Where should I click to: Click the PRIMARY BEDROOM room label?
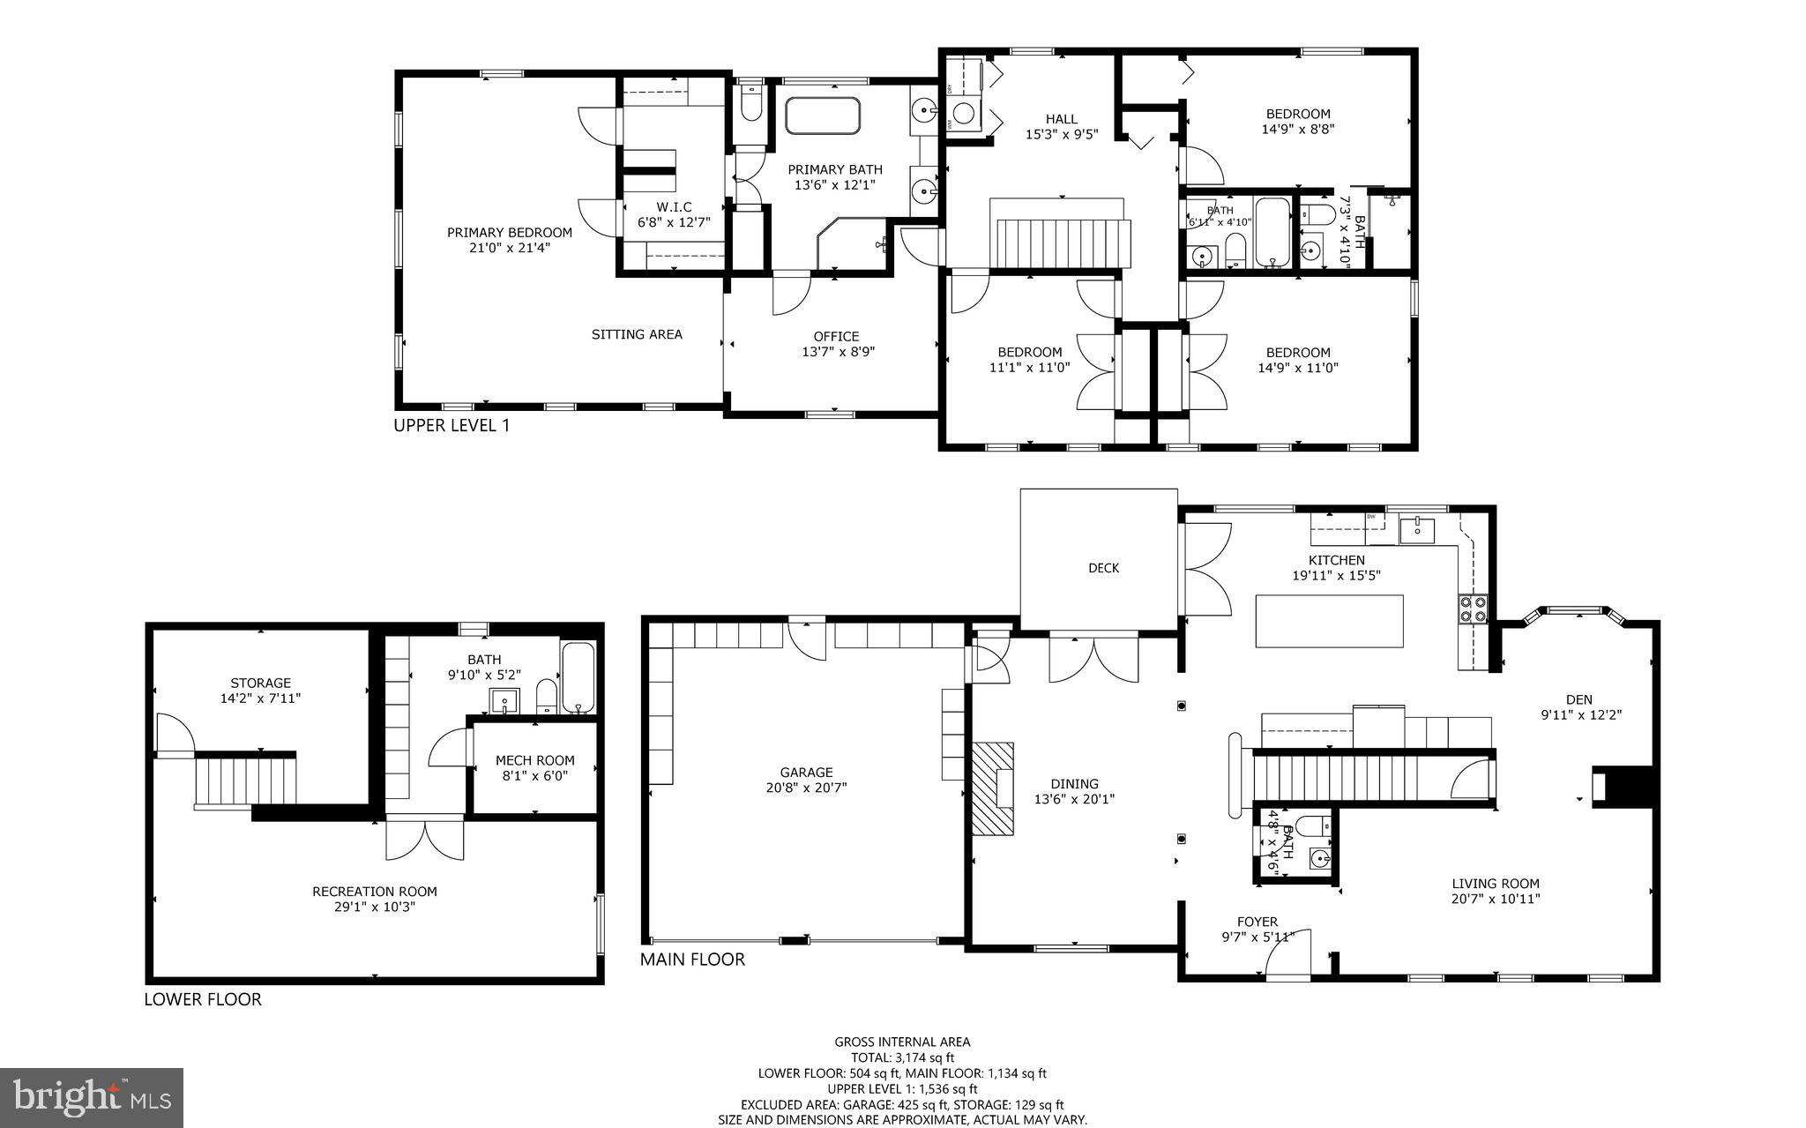(509, 233)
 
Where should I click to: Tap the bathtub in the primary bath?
(822, 116)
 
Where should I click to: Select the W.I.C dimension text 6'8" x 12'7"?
(674, 223)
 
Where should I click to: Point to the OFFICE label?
(836, 336)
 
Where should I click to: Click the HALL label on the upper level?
(1062, 119)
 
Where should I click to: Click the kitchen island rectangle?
(1329, 621)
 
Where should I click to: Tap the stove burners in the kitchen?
(1474, 609)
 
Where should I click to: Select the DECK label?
(1103, 568)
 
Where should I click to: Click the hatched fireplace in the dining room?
(993, 788)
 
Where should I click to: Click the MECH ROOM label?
(534, 760)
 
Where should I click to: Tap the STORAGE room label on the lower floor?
(260, 683)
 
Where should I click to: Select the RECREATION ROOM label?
(374, 892)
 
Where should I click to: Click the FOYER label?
(1257, 922)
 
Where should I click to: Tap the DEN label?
(1578, 700)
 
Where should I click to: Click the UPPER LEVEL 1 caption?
(451, 426)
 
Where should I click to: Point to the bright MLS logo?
(92, 1096)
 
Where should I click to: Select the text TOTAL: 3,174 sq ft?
(902, 1057)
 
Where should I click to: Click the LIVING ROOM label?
(1496, 884)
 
